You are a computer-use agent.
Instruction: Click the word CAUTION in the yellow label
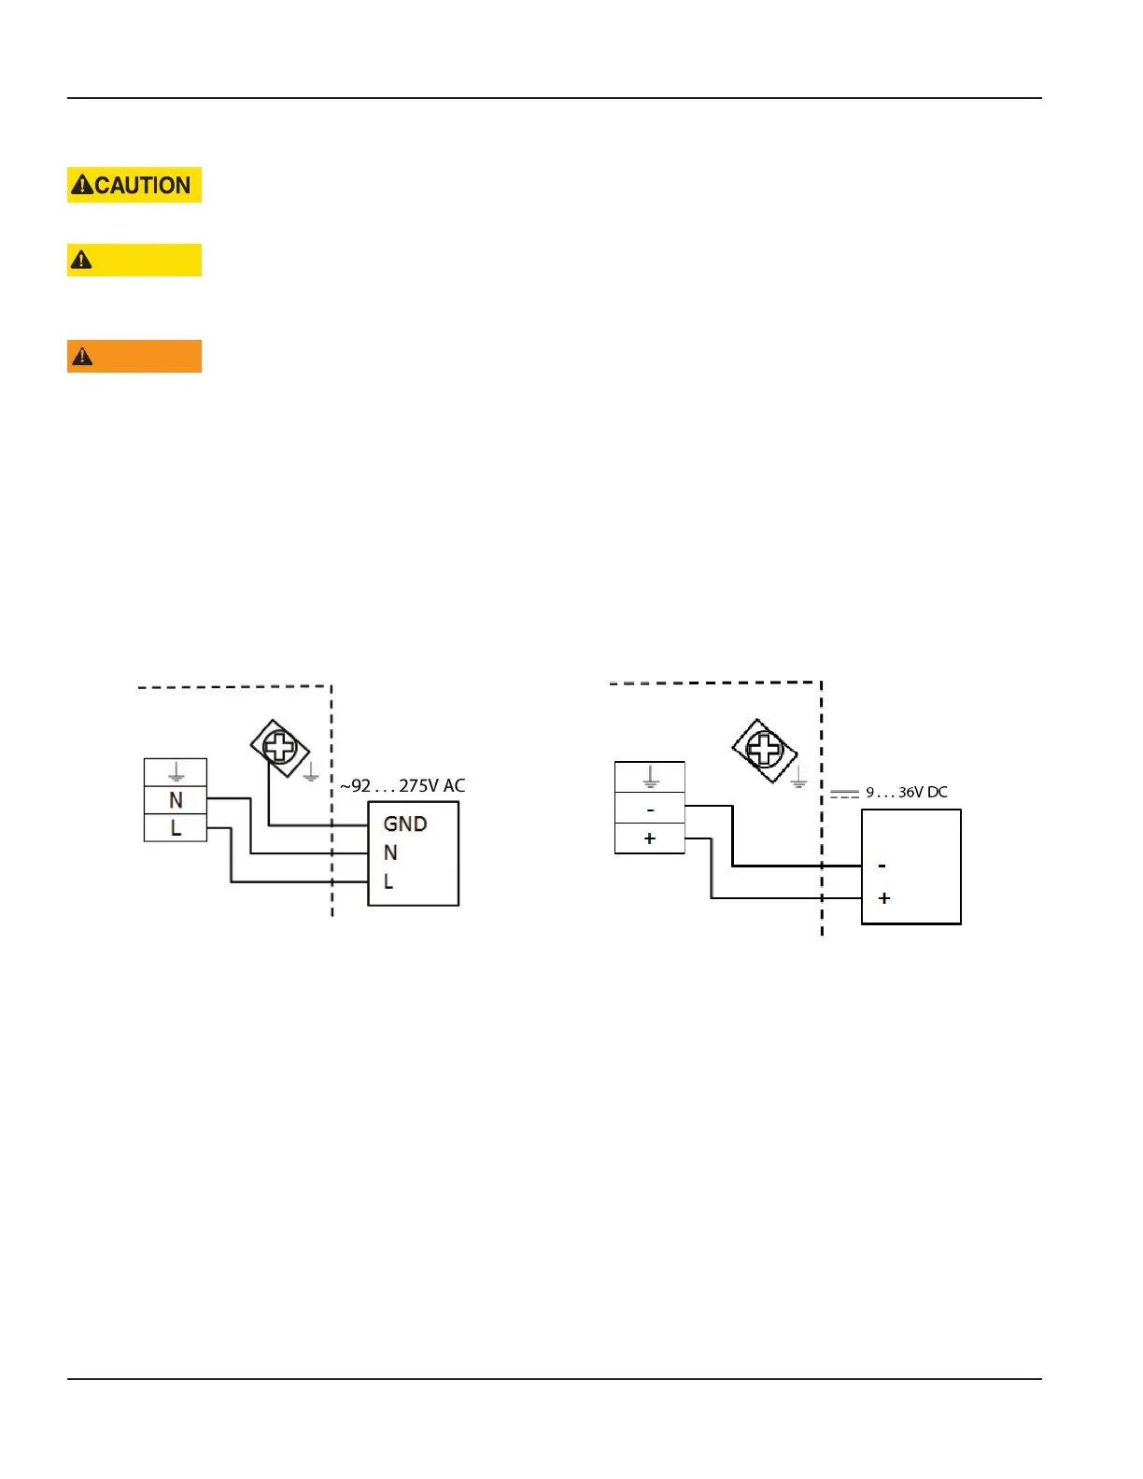[143, 186]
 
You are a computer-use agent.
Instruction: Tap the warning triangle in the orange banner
[82, 357]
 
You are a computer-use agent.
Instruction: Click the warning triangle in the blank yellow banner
[81, 261]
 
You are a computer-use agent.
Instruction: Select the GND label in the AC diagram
[405, 824]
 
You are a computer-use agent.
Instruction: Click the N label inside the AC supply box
[390, 852]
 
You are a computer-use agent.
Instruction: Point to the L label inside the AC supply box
[388, 881]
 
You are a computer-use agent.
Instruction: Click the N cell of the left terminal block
[176, 800]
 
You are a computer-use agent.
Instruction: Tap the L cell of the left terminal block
[176, 828]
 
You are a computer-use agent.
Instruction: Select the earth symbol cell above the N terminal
[176, 773]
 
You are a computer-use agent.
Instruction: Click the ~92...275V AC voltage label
[402, 786]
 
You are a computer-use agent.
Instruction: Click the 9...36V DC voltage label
[906, 793]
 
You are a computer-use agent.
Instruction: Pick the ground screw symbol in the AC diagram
[279, 747]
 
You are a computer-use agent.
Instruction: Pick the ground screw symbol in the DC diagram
[764, 749]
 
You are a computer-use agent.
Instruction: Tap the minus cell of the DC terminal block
[650, 809]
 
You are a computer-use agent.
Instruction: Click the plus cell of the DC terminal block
[650, 838]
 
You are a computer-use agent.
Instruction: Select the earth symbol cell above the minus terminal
[650, 777]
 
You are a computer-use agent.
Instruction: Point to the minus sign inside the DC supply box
[882, 866]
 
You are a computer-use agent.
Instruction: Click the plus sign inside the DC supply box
[884, 898]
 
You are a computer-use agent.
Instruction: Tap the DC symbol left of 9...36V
[844, 794]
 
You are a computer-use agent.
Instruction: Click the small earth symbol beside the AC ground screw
[311, 773]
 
